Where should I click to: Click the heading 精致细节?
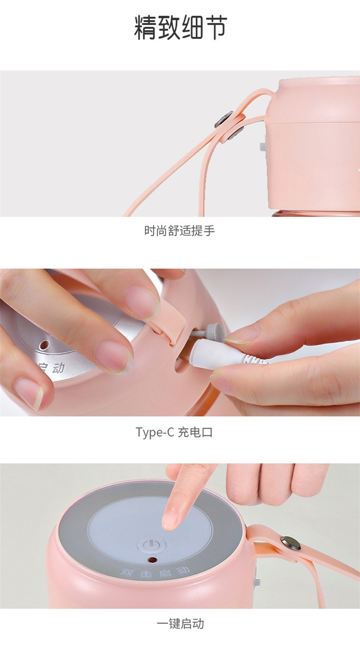click(x=180, y=27)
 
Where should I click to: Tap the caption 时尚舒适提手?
click(x=180, y=231)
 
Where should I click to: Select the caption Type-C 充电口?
click(x=174, y=433)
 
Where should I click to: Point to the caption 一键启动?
click(x=180, y=623)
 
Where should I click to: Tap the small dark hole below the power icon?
click(x=152, y=559)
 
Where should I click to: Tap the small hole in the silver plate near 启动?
click(x=44, y=345)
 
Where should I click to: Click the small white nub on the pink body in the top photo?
click(x=263, y=146)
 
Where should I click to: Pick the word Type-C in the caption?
click(x=155, y=433)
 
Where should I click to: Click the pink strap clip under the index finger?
click(x=171, y=322)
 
